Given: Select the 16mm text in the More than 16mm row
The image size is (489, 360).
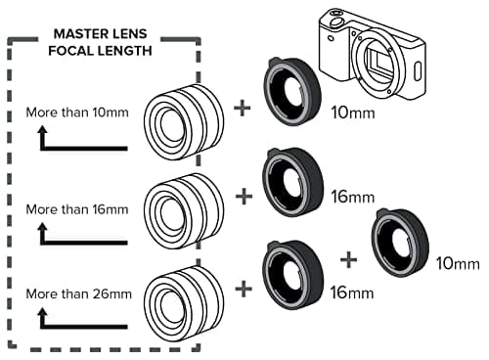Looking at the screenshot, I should coord(352,197).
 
